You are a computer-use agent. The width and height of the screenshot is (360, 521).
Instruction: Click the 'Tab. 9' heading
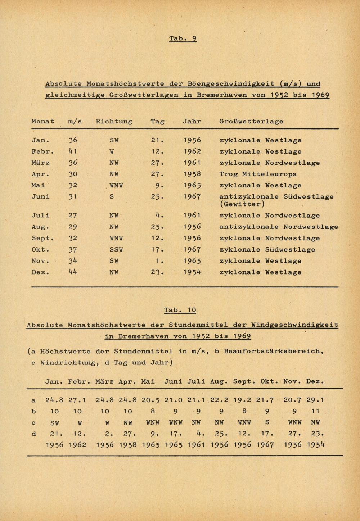point(183,38)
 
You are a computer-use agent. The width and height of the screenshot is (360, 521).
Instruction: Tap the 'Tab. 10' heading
point(180,310)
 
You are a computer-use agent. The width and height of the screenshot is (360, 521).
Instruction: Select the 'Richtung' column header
point(114,121)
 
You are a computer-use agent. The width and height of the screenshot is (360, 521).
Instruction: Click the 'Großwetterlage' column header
point(251,121)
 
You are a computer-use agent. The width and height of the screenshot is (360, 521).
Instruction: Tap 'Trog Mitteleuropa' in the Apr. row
point(258,174)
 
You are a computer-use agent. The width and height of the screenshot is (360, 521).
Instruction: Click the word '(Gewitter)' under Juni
point(242,204)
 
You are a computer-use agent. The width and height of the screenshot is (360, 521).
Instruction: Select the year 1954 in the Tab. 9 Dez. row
point(192,272)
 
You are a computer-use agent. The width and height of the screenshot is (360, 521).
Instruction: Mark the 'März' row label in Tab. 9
point(41,163)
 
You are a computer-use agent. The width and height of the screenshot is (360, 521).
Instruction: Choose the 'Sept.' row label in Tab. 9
point(42,238)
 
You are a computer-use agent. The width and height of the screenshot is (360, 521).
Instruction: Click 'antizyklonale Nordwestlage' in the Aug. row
point(279,227)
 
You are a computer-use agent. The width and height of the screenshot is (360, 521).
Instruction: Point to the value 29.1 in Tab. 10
point(315,399)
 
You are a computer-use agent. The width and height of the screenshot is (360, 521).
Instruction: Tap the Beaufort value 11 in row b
point(315,411)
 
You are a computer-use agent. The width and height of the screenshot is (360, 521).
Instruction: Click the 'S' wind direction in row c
point(267,422)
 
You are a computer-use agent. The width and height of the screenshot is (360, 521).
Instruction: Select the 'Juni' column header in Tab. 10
point(173,381)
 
